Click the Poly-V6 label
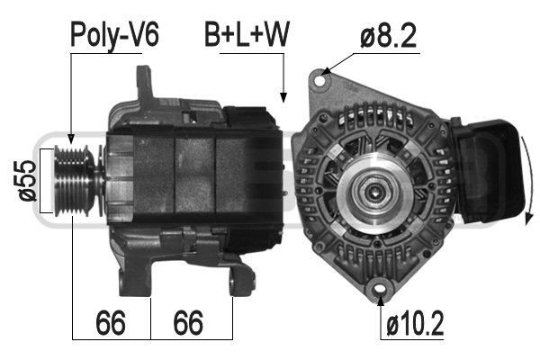[x=114, y=35]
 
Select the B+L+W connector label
[x=246, y=35]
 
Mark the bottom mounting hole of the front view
[x=377, y=288]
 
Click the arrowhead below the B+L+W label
[x=283, y=97]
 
